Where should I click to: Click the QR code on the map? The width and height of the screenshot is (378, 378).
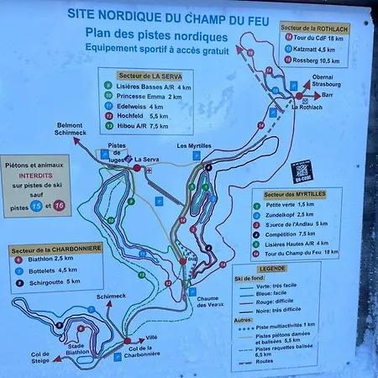click(x=302, y=171)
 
